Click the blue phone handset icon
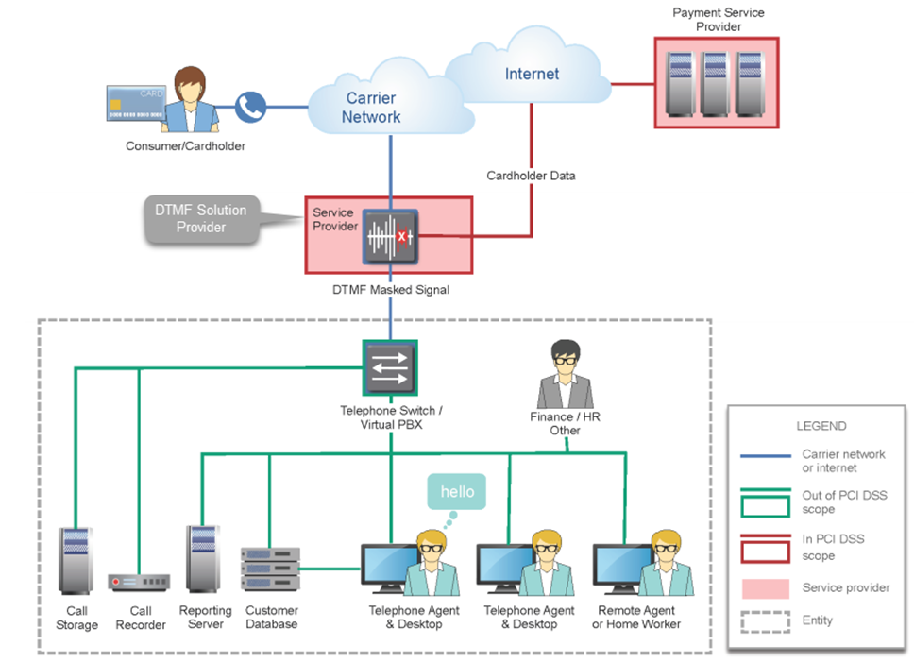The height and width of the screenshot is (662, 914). [249, 107]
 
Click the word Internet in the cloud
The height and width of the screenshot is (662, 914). [532, 74]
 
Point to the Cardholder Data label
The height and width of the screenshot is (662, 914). [531, 176]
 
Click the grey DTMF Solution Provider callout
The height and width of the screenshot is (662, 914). [202, 219]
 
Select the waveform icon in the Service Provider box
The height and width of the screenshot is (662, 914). [389, 236]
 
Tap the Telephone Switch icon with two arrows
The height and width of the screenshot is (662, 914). [389, 367]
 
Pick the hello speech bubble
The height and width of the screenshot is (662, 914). [457, 492]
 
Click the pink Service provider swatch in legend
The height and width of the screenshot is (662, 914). [766, 588]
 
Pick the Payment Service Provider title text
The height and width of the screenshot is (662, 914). [718, 20]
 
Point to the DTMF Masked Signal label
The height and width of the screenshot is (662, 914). [389, 290]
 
